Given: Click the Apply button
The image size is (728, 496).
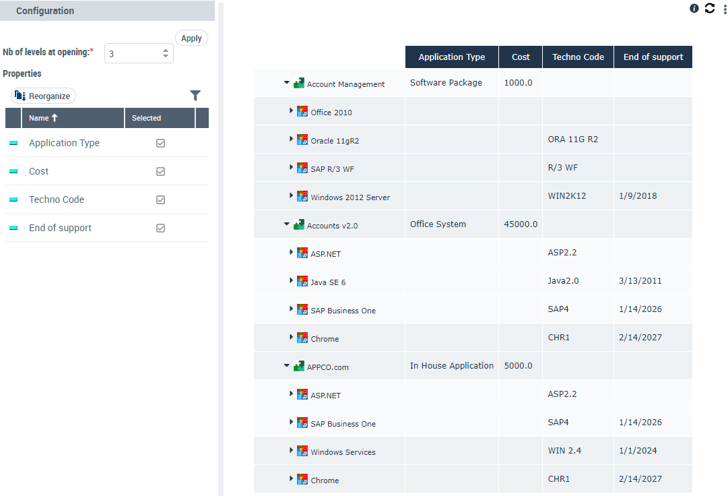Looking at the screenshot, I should coord(191,38).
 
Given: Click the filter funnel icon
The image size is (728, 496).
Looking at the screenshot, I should coord(195,96).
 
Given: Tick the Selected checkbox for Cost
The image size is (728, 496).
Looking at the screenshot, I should coord(160,172).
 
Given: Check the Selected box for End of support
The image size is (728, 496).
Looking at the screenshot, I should coord(160,228).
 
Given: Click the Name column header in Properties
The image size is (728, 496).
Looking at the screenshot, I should coord(43,118).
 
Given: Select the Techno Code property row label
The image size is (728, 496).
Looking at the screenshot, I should coord(57,200).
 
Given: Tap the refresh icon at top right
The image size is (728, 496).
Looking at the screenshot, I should coord(710,8).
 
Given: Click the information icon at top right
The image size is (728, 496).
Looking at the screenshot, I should coord(694,8).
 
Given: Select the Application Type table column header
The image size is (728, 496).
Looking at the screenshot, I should coord(451,57).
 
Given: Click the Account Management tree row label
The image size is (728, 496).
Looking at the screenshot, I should coord(345,84).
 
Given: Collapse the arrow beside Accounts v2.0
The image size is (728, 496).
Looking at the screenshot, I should coord(286,224).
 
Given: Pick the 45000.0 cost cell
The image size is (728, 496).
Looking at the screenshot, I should coord(521,224).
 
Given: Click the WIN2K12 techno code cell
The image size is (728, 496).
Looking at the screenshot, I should coord(567,196).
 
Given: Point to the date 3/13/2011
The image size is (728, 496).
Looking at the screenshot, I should coord(640,281).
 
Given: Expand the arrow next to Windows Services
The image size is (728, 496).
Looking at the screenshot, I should coord(292,450).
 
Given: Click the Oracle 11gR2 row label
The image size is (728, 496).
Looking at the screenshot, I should coord(339,141).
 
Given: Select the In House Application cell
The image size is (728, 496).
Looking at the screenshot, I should coord(452,366).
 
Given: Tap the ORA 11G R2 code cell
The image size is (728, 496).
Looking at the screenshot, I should coord(573,139).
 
